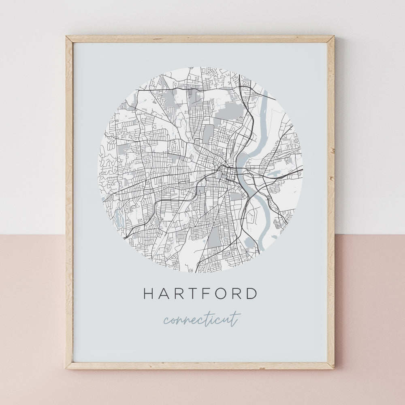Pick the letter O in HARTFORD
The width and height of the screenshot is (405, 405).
222,294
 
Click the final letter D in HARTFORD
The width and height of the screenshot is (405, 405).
252,294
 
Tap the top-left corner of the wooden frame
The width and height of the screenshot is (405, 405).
67,37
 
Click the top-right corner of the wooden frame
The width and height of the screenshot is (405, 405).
333,37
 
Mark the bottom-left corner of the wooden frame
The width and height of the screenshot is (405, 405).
67,368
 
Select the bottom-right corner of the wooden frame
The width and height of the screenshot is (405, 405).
333,368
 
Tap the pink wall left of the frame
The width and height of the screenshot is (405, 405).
32,316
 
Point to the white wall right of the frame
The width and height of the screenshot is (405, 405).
369,122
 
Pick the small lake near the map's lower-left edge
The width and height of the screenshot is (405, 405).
119,219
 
